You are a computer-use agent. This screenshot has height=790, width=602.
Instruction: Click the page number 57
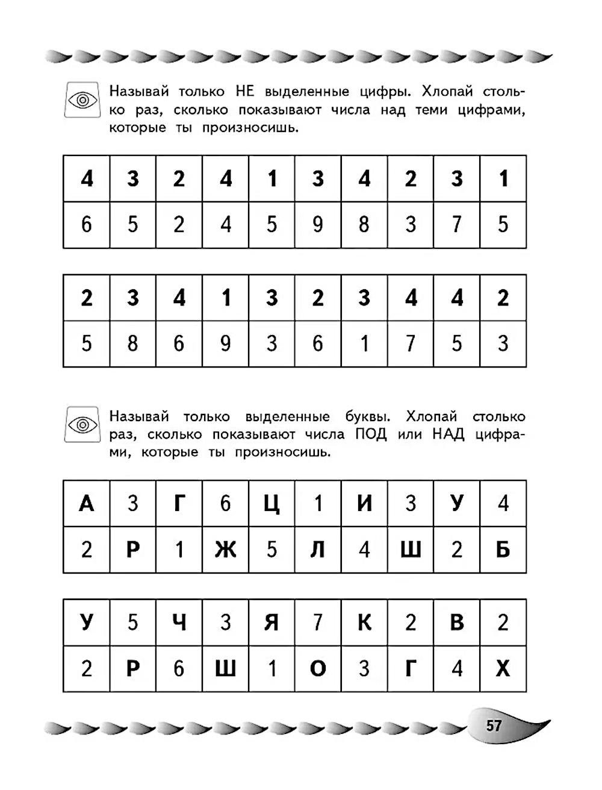tap(494, 725)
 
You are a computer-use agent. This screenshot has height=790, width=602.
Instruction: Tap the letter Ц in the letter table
tap(272, 504)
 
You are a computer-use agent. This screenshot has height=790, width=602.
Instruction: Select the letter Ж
tap(225, 550)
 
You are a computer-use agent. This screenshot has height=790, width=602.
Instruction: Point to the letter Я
tap(272, 622)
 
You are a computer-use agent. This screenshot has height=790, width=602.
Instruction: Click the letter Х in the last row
tap(503, 669)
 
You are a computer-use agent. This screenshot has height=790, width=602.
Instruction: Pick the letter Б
tap(503, 550)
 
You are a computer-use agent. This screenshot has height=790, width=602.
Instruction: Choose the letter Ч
tap(179, 622)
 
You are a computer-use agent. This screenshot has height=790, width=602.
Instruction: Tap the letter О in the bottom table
tap(318, 669)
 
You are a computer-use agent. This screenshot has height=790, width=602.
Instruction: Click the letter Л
tap(318, 550)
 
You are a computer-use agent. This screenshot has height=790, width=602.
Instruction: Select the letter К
tap(364, 622)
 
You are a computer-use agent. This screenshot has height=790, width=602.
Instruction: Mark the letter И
tap(364, 503)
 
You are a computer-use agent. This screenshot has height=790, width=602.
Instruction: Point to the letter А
tap(87, 503)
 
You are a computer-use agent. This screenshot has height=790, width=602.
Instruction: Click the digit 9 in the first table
tap(318, 225)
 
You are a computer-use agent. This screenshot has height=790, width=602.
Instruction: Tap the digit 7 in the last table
tap(318, 622)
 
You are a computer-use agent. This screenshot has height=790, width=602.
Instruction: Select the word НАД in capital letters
tap(448, 434)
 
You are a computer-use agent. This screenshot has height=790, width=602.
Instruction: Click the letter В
tap(457, 622)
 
